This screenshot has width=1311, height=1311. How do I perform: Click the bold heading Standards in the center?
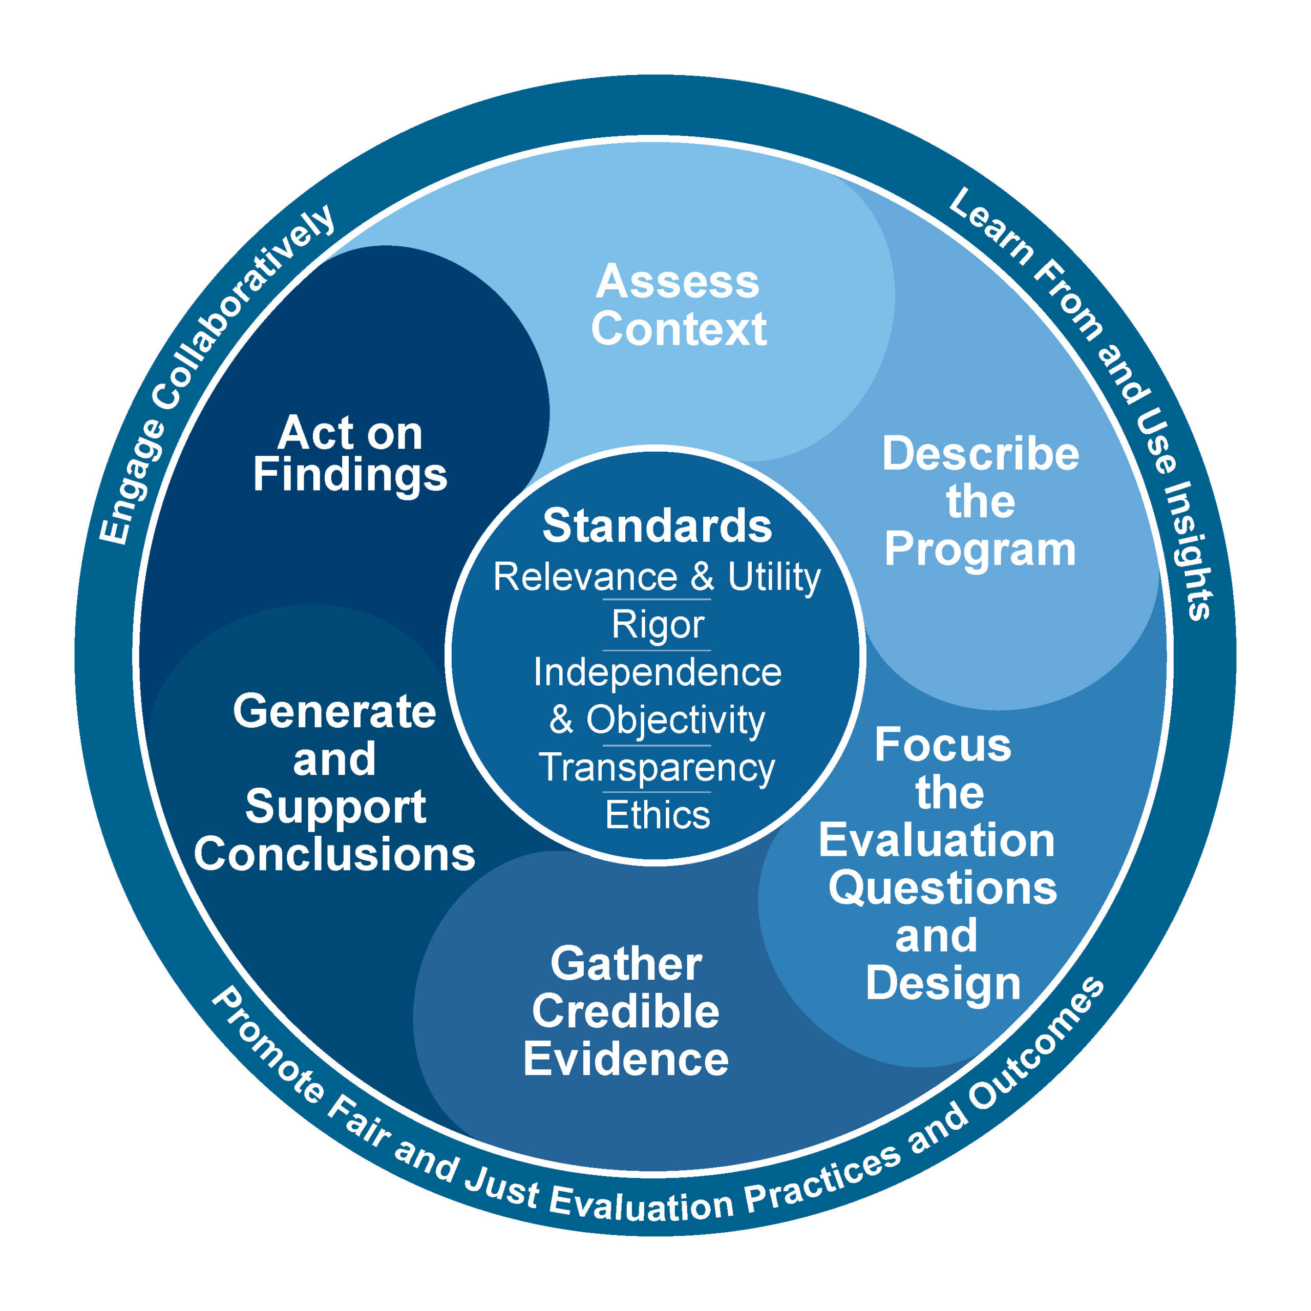pyautogui.click(x=657, y=526)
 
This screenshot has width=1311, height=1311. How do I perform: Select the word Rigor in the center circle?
pyautogui.click(x=658, y=624)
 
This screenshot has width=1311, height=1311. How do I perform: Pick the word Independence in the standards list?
pyautogui.click(x=657, y=672)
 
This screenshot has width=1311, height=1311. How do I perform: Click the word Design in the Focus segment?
pyautogui.click(x=942, y=983)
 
